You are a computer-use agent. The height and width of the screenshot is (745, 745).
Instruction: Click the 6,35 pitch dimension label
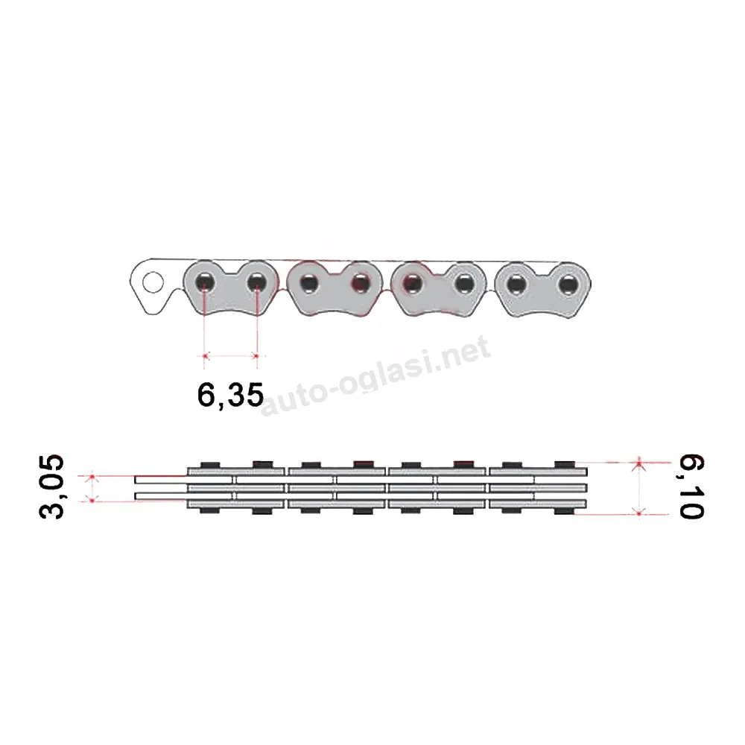pos(230,394)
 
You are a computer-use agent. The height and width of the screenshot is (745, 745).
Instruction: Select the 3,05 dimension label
pos(51,486)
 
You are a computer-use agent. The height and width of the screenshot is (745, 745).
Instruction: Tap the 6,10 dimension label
pos(691,486)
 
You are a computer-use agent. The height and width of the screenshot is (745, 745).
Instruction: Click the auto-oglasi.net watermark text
pos(375,375)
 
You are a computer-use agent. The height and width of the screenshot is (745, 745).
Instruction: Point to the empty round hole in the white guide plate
pos(153,282)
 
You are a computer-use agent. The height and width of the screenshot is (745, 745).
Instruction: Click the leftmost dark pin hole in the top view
pos(205,282)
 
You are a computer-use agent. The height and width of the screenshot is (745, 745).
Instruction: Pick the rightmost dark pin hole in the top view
pos(568,285)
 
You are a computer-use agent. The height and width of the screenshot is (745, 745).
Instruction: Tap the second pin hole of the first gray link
pos(257,282)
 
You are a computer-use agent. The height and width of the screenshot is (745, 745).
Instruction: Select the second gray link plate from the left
pos(335,288)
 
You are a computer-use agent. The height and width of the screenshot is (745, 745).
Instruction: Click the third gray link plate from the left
pos(438,289)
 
